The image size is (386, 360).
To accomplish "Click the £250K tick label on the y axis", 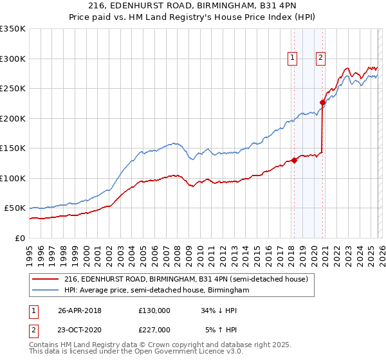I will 13,88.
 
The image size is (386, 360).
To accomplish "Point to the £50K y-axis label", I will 15,208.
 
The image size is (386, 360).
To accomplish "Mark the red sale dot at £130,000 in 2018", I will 294,160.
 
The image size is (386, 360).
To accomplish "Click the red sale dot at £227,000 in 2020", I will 322,102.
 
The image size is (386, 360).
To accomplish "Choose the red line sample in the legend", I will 46,280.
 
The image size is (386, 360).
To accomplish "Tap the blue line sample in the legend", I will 46,291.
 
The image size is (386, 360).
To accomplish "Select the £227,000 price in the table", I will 154,329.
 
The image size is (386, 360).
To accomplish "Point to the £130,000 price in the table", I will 154,310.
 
